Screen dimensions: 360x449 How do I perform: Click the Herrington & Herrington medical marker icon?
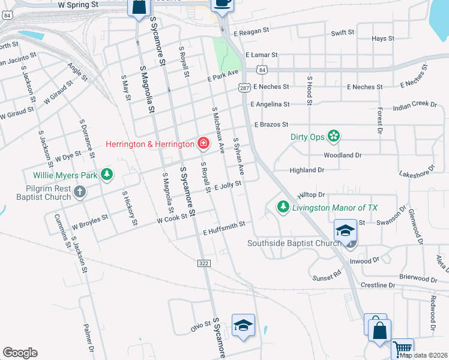tap(203, 143)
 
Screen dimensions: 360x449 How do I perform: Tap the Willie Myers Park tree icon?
tap(107, 175)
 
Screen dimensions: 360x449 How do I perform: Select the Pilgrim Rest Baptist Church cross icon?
tap(79, 192)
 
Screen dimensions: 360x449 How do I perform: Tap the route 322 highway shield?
tap(203, 263)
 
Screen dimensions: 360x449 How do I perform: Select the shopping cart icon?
tap(402, 347)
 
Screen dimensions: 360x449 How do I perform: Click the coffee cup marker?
tap(222, 3)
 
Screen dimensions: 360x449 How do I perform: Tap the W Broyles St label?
tap(90, 223)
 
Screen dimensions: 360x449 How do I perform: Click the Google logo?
tap(20, 353)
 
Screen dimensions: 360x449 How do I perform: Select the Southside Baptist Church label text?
tap(294, 243)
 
